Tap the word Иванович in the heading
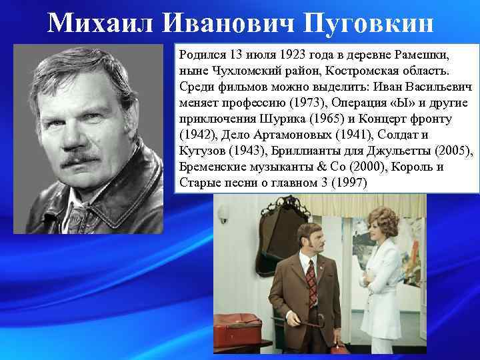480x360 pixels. click(213, 23)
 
